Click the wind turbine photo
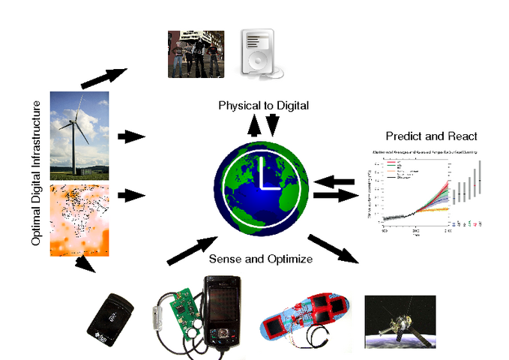tap(79, 136)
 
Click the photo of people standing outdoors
tap(196, 53)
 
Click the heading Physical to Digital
tap(263, 106)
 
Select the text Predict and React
tap(431, 136)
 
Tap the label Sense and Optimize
tap(260, 259)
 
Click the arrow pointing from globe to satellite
tap(334, 248)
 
